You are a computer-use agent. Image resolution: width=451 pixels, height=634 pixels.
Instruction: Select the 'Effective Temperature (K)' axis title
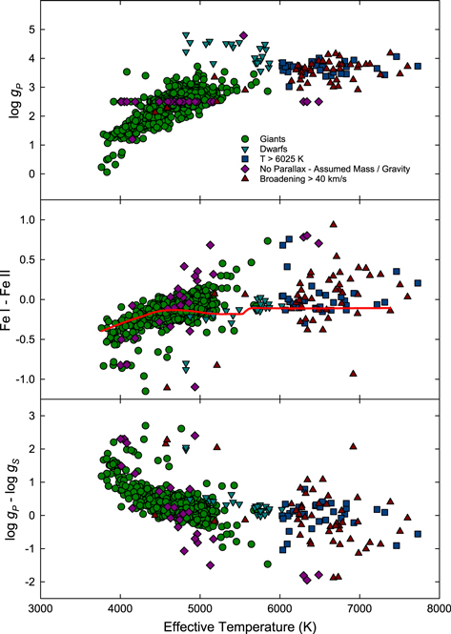239,624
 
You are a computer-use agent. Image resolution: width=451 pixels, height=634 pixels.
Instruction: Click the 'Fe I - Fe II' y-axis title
10,300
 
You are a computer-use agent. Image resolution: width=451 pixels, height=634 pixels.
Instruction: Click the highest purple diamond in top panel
244,36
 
